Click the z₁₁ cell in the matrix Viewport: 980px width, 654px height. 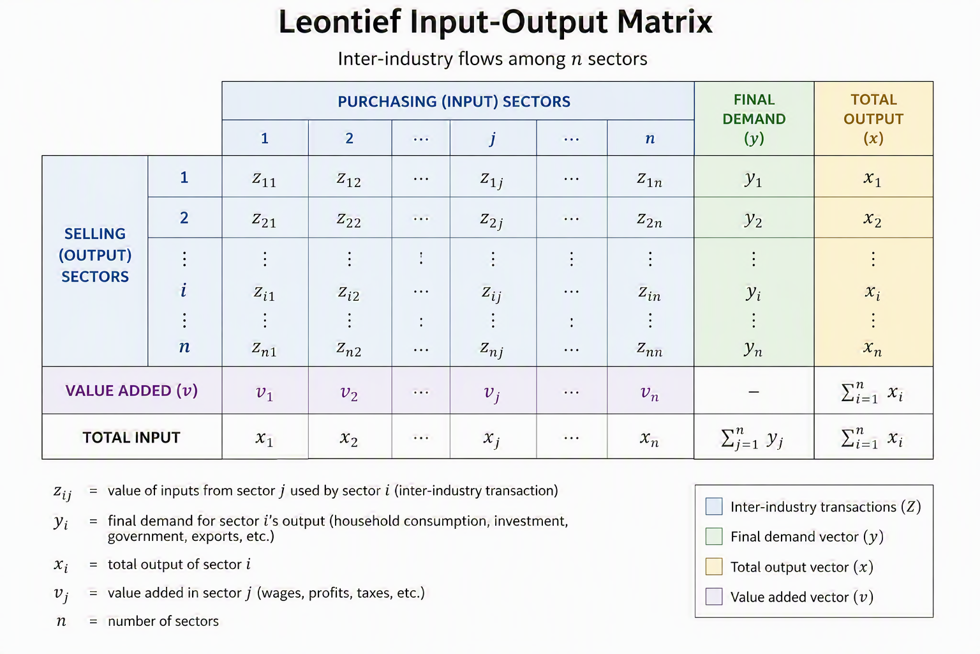click(x=264, y=179)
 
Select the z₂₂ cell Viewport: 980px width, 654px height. click(x=349, y=220)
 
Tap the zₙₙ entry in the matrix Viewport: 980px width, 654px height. click(x=650, y=349)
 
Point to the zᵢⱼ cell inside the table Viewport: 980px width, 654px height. click(x=491, y=294)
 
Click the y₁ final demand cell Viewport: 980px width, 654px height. click(x=754, y=179)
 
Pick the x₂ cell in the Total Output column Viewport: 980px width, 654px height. click(x=872, y=219)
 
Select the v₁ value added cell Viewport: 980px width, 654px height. click(x=264, y=393)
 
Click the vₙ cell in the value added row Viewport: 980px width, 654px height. click(x=650, y=393)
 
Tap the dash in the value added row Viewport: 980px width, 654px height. click(x=754, y=392)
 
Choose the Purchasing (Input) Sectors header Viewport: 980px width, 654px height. click(x=454, y=102)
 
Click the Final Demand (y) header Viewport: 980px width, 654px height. click(x=754, y=119)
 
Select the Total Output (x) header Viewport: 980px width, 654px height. click(x=873, y=119)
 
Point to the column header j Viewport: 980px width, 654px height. click(x=493, y=139)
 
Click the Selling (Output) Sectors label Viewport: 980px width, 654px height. click(x=95, y=255)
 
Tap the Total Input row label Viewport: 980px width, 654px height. click(x=131, y=437)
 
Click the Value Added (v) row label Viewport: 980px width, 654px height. click(x=131, y=391)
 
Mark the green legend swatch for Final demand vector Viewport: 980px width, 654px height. click(x=713, y=536)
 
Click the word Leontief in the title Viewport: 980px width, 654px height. click(x=339, y=22)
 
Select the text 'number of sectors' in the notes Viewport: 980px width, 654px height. click(x=163, y=621)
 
